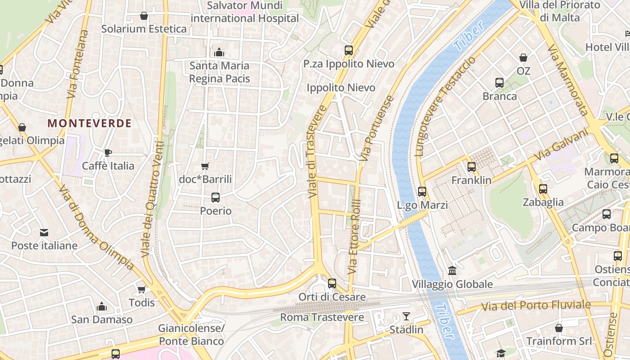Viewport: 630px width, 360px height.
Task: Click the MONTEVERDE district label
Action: (x=90, y=123)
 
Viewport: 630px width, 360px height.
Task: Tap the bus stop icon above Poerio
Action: (x=216, y=197)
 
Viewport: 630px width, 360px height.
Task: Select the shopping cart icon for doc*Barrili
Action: (x=205, y=166)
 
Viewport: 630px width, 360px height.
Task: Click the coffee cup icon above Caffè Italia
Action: (x=108, y=153)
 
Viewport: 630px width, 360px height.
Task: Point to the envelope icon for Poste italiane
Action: (x=44, y=233)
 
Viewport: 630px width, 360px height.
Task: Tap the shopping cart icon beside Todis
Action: (x=142, y=289)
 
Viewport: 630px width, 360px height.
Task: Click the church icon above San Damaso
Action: (x=102, y=307)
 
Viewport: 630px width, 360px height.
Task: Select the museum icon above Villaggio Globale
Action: (x=452, y=271)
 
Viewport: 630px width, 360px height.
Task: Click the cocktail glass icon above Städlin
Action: (x=406, y=316)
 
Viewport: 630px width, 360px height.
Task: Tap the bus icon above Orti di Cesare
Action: (x=332, y=283)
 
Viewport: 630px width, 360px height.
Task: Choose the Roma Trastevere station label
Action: (x=322, y=317)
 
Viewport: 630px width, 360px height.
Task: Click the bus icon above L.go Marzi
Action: (x=422, y=192)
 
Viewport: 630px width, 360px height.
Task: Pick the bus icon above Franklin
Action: (x=472, y=167)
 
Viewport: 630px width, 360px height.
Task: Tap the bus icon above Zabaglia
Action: (x=543, y=189)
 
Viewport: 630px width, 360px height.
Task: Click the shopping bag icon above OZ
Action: (x=523, y=58)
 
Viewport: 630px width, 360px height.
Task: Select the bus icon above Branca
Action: (x=499, y=83)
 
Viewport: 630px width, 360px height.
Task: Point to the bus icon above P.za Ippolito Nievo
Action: (x=349, y=50)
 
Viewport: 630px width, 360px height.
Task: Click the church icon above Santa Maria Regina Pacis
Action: (x=219, y=52)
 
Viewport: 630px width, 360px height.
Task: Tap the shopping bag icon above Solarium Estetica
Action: (x=144, y=16)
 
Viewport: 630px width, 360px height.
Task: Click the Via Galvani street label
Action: (x=561, y=145)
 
